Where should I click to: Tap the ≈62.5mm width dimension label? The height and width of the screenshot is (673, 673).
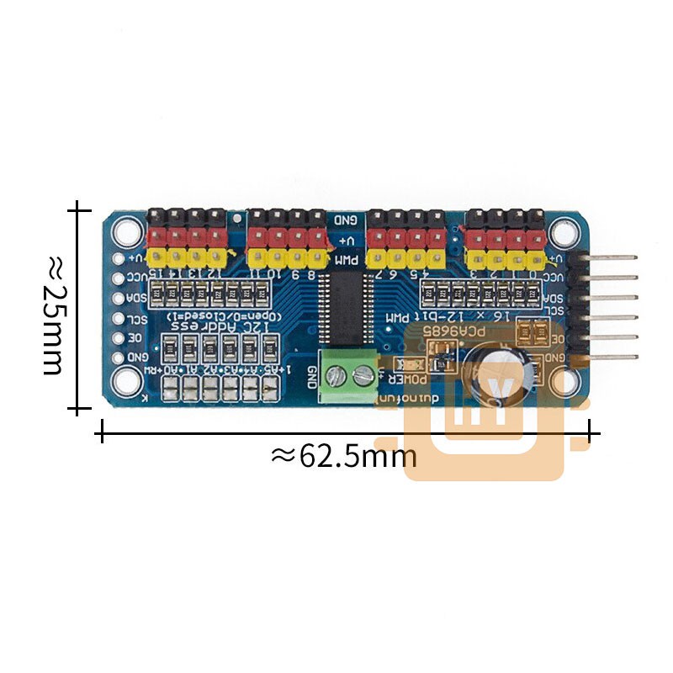click(344, 456)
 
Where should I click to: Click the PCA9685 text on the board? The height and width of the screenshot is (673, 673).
click(455, 331)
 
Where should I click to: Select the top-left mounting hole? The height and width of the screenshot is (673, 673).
click(127, 229)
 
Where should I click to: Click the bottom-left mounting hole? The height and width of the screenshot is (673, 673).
click(127, 381)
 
